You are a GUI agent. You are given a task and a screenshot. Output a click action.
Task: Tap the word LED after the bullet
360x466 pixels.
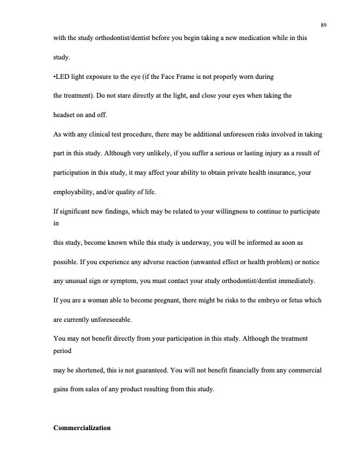click(63, 77)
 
